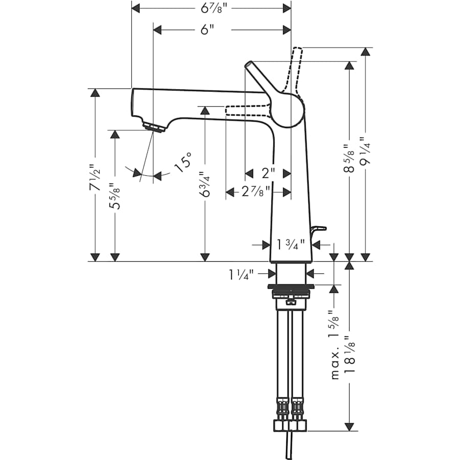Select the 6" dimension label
206,30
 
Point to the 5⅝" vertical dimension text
116,196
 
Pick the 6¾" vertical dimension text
205,184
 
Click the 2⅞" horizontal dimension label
249,192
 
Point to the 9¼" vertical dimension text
365,151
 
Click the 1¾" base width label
290,245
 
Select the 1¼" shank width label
242,275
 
